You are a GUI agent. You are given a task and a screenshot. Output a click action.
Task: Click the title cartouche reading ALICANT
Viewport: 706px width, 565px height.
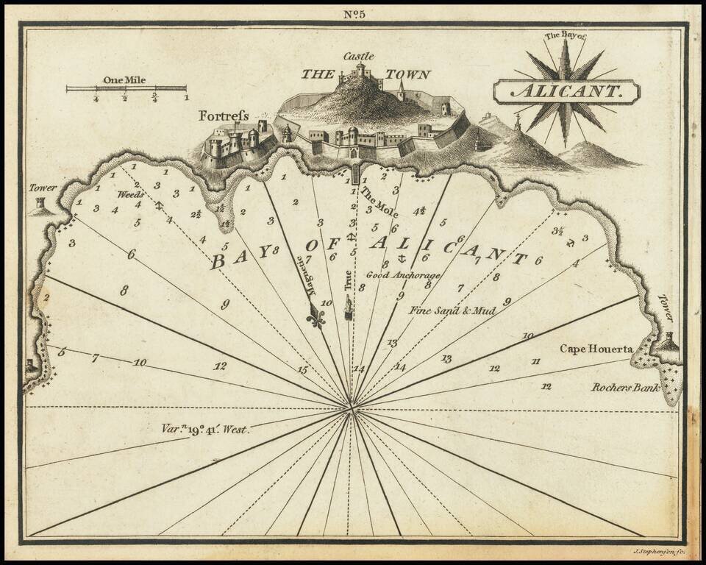coord(566,93)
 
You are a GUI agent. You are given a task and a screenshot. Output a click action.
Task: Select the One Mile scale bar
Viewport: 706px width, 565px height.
coord(126,89)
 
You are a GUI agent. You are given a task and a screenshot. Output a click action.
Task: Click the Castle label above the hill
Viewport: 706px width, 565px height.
coord(358,56)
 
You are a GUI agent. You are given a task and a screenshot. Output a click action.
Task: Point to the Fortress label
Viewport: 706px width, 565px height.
coord(224,116)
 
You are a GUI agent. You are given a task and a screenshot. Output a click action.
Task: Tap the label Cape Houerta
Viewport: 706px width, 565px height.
coord(596,349)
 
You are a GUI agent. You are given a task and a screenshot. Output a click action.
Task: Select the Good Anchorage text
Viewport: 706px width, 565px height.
coord(403,275)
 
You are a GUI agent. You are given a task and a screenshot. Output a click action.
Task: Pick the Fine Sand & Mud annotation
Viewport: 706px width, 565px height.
coord(452,310)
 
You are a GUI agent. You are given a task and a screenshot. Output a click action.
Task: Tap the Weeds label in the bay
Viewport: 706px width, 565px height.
coord(131,194)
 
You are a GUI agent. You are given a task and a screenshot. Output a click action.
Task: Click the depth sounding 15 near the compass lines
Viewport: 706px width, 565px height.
coord(302,370)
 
